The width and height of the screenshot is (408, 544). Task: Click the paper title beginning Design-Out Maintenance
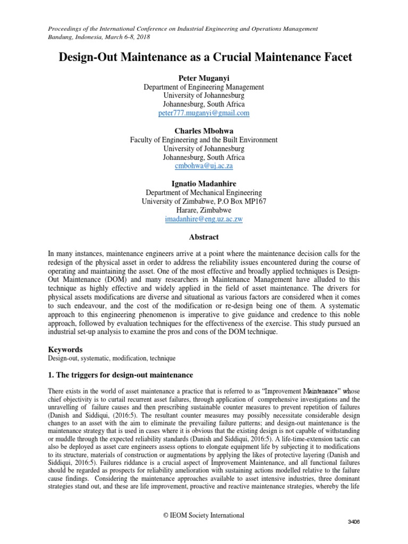(x=204, y=57)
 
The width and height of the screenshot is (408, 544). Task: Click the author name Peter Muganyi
(x=204, y=78)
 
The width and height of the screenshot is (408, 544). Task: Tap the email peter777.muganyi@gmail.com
(x=204, y=113)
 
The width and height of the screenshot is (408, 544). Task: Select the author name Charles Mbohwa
(x=204, y=130)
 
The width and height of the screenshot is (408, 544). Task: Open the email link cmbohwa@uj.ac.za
(x=204, y=166)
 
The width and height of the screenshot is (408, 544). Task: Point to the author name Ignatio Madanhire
(x=204, y=183)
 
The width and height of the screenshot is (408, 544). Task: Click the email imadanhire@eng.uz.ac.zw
(x=204, y=218)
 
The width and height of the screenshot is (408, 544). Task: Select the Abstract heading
(x=204, y=237)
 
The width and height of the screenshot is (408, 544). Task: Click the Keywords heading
(x=65, y=350)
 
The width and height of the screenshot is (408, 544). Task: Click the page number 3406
(x=352, y=522)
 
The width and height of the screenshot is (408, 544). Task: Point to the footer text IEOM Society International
(x=204, y=515)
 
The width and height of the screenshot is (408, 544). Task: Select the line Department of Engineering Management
(x=204, y=87)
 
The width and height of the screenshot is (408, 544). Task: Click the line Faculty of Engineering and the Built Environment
(x=204, y=140)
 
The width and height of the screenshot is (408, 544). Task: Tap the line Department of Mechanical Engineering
(x=204, y=192)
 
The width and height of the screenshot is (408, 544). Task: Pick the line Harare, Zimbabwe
(x=204, y=210)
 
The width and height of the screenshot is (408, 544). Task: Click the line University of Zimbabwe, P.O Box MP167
(x=204, y=201)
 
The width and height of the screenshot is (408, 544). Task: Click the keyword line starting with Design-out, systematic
(x=112, y=359)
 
